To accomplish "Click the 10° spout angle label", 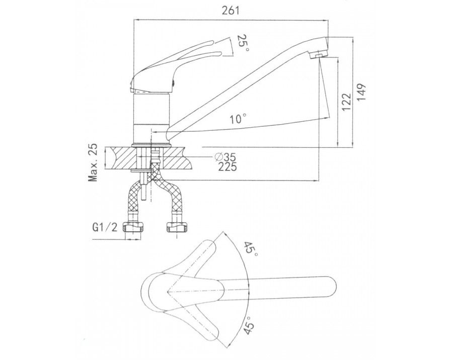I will click(x=238, y=119).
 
